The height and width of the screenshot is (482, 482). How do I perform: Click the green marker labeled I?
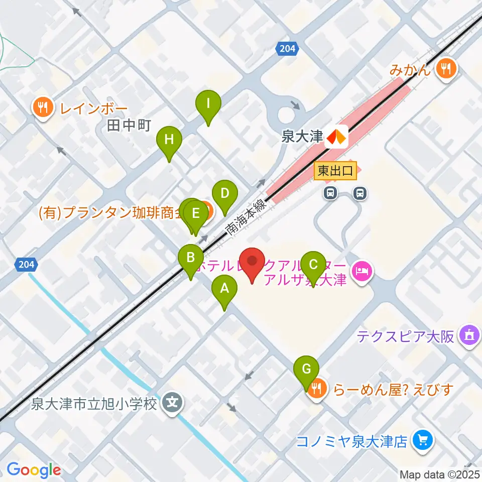208,104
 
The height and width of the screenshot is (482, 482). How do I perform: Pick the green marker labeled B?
191,259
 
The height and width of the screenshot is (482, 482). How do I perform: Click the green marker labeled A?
224,289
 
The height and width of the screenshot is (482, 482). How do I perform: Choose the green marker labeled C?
313,265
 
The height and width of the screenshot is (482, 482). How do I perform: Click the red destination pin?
252,262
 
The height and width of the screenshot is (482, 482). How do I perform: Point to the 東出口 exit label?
336,171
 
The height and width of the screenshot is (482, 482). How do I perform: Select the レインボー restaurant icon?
43,108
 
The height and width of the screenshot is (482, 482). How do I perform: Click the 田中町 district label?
129,125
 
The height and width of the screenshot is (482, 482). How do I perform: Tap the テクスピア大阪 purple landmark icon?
470,335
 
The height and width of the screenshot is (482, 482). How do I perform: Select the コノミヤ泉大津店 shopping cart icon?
421,441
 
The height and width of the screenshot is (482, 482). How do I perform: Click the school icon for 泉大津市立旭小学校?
173,403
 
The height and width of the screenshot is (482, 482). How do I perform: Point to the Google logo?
34,470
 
